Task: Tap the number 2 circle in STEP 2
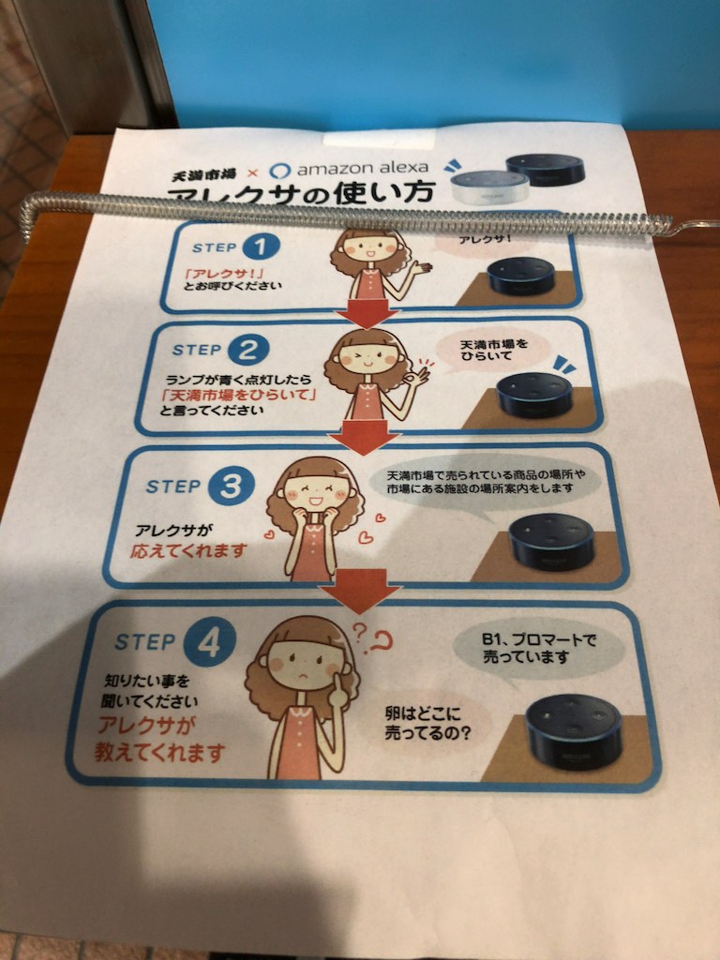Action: point(247,350)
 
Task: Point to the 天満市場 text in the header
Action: point(205,174)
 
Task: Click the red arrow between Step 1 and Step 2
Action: point(361,314)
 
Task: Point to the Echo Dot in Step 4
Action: point(574,731)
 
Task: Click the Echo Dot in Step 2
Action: point(534,395)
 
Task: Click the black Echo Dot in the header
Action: point(545,169)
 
